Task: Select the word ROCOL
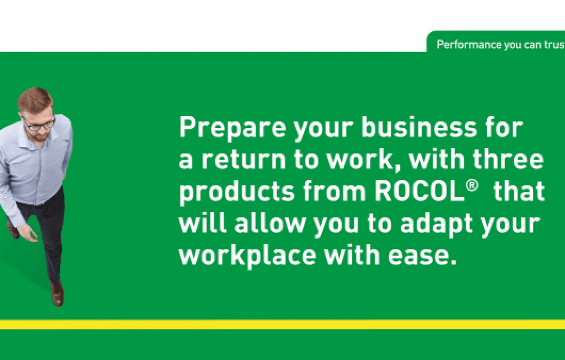(x=420, y=191)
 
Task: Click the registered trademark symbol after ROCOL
(x=472, y=186)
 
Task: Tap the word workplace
(x=248, y=256)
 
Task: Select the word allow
(x=270, y=223)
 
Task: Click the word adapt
(x=436, y=225)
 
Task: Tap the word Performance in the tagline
(x=469, y=44)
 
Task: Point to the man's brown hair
(x=35, y=100)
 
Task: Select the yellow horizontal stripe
(x=282, y=324)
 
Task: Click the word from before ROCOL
(x=334, y=191)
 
